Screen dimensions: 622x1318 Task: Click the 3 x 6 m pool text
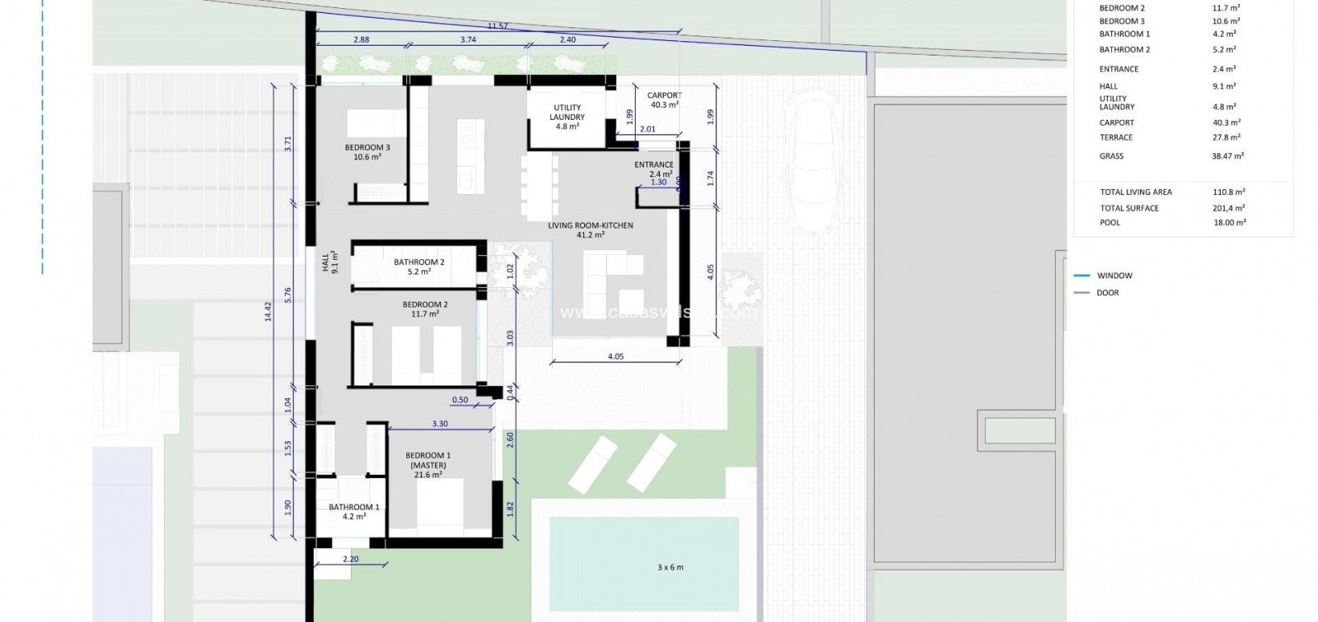pyautogui.click(x=669, y=567)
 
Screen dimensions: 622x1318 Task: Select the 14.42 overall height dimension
pyautogui.click(x=269, y=311)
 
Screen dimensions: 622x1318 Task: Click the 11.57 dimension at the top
pyautogui.click(x=497, y=27)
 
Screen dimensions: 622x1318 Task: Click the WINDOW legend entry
pyautogui.click(x=1114, y=276)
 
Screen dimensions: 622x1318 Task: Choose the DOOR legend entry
pyautogui.click(x=1107, y=293)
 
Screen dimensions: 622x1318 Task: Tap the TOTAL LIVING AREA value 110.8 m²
pyautogui.click(x=1229, y=192)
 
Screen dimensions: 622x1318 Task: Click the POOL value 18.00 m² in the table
pyautogui.click(x=1229, y=223)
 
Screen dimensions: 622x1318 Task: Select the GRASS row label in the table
pyautogui.click(x=1111, y=156)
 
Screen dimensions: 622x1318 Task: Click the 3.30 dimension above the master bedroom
pyautogui.click(x=439, y=424)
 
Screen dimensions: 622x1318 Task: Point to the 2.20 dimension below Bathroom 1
pyautogui.click(x=350, y=559)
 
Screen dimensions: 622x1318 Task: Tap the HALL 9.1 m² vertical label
pyautogui.click(x=331, y=262)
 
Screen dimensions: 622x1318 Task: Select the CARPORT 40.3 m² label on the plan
pyautogui.click(x=664, y=100)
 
